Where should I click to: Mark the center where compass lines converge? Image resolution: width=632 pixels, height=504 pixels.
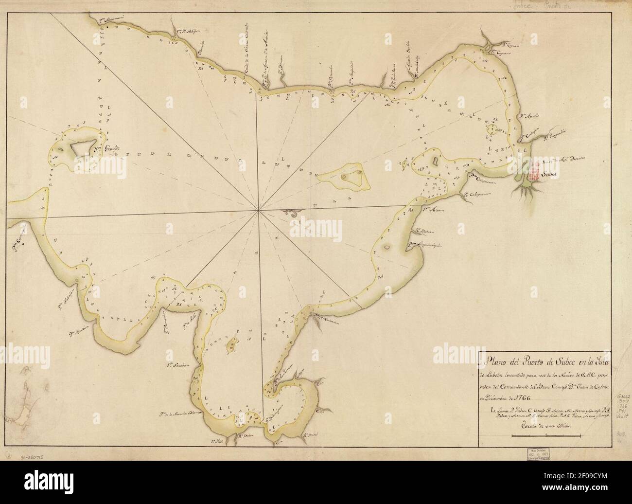tap(259, 210)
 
